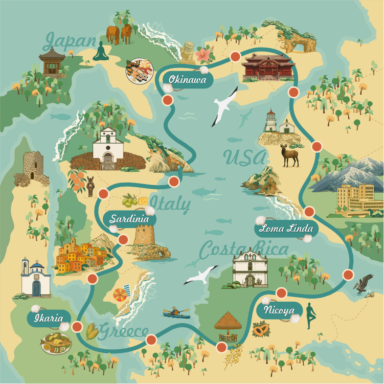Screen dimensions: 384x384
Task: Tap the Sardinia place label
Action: click(129, 219)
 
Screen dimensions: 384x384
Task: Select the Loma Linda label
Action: click(286, 229)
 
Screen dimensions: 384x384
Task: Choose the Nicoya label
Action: click(279, 310)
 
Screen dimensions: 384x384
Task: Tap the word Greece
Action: click(124, 331)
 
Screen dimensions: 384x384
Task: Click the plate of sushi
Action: click(140, 70)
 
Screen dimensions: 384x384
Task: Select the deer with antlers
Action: click(289, 155)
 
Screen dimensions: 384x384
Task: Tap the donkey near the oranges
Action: click(91, 186)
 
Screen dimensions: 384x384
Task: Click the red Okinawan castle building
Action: click(261, 68)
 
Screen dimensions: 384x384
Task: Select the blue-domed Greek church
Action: click(35, 279)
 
